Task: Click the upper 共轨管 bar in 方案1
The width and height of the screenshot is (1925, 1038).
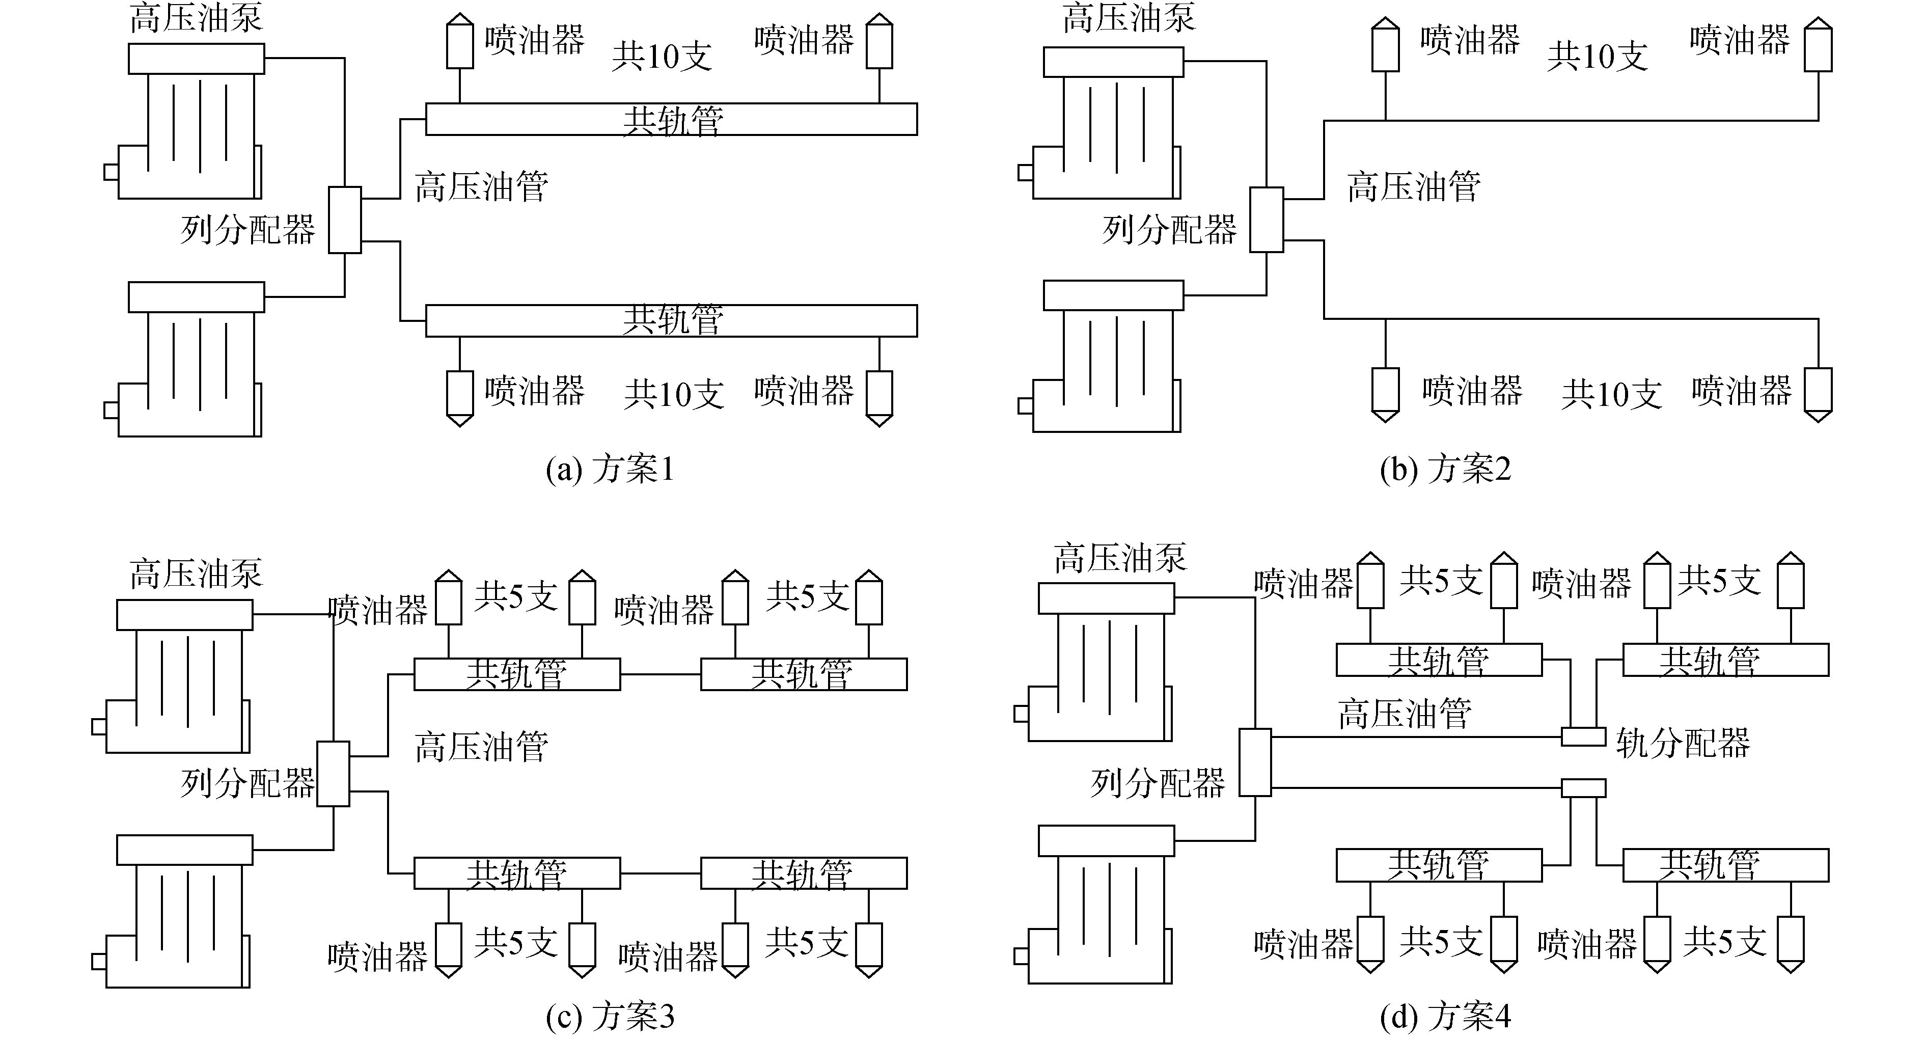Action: click(671, 120)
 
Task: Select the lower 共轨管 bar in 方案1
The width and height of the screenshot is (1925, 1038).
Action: click(671, 320)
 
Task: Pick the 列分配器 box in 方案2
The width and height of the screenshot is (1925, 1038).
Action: click(1267, 220)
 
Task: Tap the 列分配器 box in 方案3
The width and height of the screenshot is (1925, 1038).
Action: click(333, 774)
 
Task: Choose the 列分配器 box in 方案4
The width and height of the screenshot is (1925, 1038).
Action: click(1255, 762)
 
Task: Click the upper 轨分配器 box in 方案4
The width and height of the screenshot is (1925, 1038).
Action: click(1583, 737)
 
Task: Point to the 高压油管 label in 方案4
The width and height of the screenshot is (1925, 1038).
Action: click(1405, 714)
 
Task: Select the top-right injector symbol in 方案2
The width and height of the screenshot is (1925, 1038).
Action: click(1818, 46)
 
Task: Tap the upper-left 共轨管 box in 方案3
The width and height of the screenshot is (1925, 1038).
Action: click(517, 674)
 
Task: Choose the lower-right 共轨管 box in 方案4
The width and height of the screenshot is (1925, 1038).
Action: click(1725, 865)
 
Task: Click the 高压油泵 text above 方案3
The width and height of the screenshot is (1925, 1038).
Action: click(196, 574)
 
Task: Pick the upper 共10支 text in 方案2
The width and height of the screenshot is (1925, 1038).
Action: click(1598, 56)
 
